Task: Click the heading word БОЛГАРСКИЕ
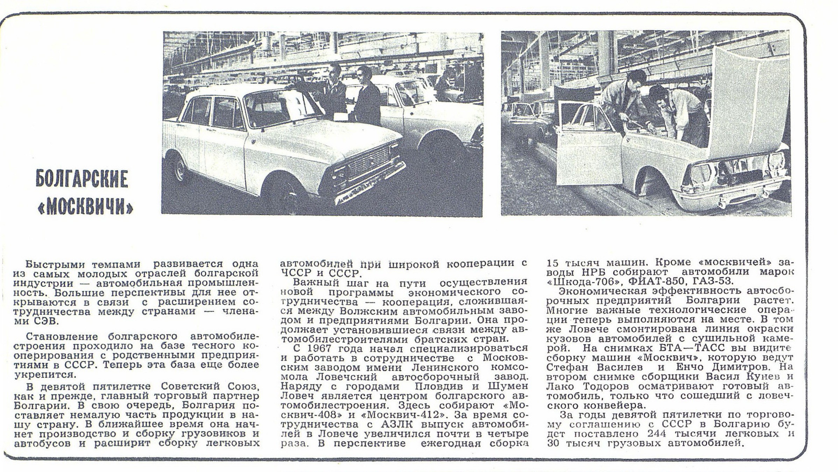[x=82, y=179]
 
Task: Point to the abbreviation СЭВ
[x=45, y=321]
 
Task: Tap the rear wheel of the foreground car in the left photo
[x=181, y=170]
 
